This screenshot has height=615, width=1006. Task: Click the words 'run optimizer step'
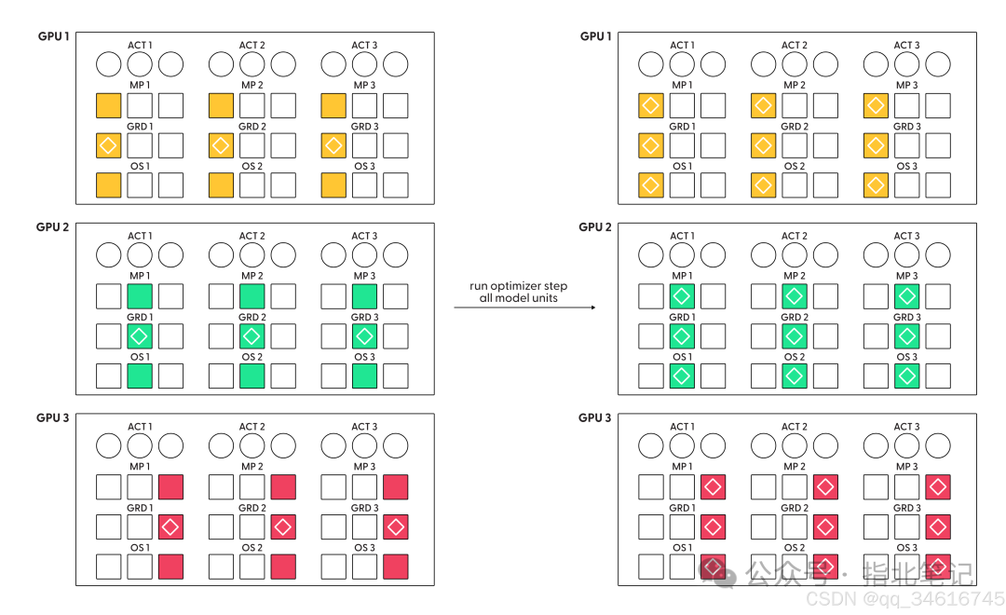click(519, 286)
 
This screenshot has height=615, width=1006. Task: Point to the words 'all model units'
click(519, 298)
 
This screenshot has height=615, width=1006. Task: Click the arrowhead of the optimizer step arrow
click(592, 307)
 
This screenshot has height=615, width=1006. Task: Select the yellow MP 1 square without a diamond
click(108, 106)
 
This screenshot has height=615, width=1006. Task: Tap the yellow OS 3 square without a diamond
click(333, 185)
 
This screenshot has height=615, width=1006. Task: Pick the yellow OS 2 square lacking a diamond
click(222, 185)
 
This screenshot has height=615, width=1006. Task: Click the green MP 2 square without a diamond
click(252, 296)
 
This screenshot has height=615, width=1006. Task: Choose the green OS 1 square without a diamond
click(140, 376)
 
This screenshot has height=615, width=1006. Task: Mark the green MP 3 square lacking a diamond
click(364, 296)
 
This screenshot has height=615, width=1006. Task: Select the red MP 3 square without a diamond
click(396, 487)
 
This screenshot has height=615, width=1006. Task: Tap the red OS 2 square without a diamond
click(283, 567)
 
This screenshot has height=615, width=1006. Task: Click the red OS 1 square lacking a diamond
click(170, 567)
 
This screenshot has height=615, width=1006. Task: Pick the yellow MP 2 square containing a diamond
click(764, 106)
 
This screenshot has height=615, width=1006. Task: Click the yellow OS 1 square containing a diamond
click(650, 185)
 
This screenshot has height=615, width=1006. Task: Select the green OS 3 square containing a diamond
click(906, 376)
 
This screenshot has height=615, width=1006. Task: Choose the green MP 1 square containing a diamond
click(682, 296)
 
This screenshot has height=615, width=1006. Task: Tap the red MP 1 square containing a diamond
click(713, 487)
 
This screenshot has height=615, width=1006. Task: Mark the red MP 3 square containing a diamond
click(938, 487)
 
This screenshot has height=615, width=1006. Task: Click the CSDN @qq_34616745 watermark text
click(905, 599)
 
